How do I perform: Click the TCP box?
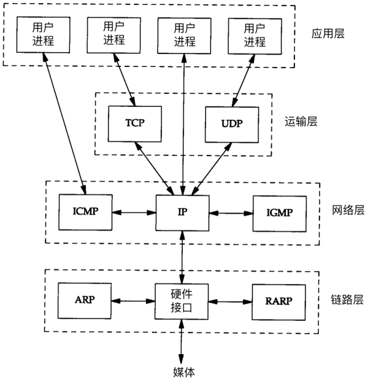(x=135, y=122)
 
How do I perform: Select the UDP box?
(x=232, y=123)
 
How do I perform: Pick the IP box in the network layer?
(x=182, y=213)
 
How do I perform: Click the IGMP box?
(x=279, y=213)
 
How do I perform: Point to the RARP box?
(x=279, y=301)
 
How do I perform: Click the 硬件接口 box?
(x=182, y=301)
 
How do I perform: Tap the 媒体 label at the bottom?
(x=182, y=372)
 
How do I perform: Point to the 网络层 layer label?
(x=347, y=211)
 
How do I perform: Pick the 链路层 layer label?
(x=347, y=301)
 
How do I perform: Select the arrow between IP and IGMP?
(x=231, y=213)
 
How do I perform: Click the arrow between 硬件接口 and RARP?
(x=231, y=301)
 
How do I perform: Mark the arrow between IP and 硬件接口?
(x=182, y=257)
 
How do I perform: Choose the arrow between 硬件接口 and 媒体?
(x=182, y=342)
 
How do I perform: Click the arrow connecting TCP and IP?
(x=157, y=167)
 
